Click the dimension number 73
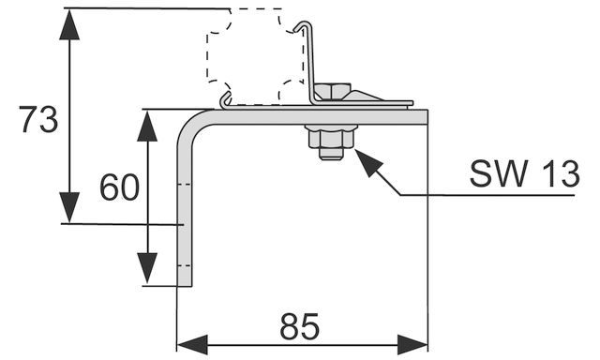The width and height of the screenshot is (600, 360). tap(38, 119)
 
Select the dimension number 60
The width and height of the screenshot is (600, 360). tap(119, 187)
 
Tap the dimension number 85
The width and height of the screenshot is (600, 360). tap(299, 326)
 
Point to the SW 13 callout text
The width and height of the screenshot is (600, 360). tap(525, 174)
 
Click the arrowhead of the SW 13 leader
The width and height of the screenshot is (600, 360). tap(367, 160)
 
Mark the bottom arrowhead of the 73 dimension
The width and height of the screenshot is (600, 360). tap(69, 207)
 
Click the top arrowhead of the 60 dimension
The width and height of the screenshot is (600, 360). tap(147, 126)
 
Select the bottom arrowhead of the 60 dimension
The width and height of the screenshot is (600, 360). tap(147, 268)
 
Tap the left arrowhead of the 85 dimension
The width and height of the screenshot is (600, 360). tap(192, 344)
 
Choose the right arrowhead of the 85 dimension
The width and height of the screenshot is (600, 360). tap(412, 344)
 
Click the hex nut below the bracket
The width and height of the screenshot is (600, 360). tap(331, 139)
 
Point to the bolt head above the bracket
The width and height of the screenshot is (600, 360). tap(332, 90)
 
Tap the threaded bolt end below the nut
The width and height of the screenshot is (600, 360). tap(331, 154)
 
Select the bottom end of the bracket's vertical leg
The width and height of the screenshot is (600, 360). tap(185, 285)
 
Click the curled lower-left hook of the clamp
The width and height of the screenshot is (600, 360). tap(226, 100)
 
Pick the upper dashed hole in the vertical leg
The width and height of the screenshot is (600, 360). tap(185, 185)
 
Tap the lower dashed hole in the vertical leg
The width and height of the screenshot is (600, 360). tap(185, 265)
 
